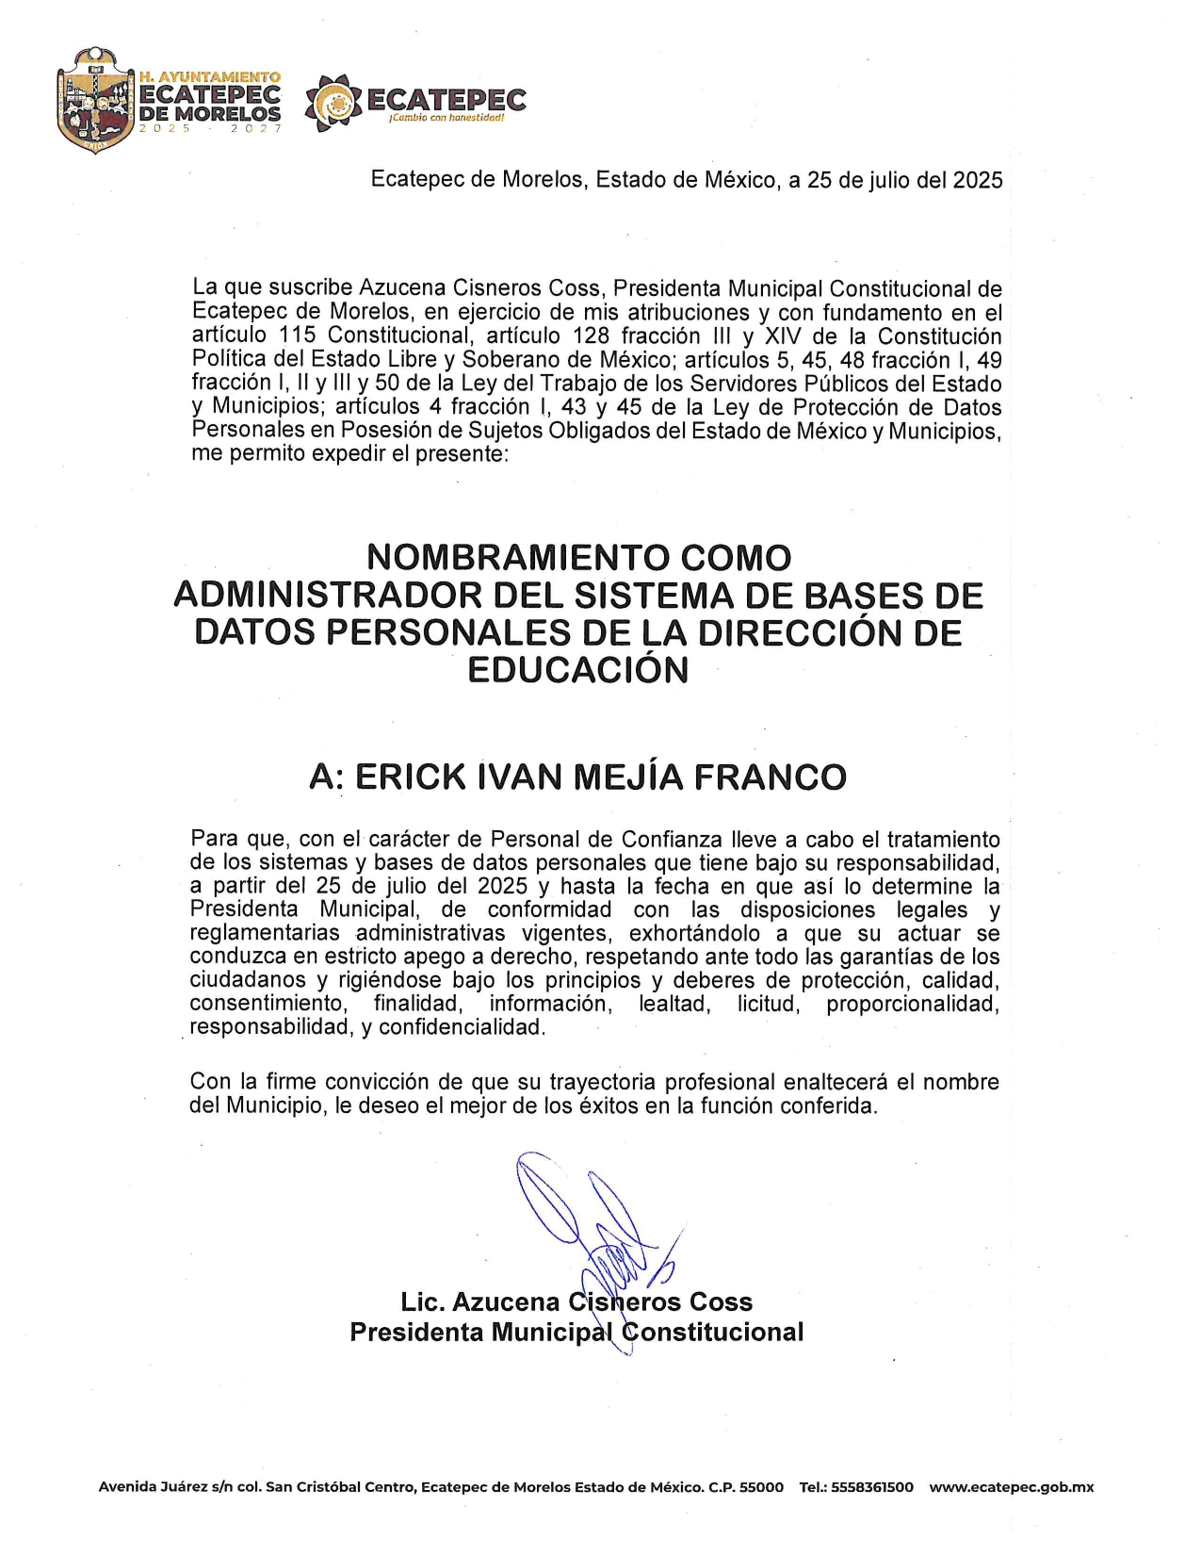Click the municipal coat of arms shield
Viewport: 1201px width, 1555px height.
(95, 102)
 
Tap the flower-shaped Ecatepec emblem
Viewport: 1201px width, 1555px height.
(333, 103)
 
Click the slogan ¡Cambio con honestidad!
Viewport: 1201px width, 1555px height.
(446, 119)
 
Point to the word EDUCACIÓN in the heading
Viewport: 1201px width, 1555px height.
(578, 670)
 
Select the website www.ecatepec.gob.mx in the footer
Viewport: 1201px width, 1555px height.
(1011, 1487)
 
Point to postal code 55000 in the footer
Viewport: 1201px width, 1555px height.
(761, 1487)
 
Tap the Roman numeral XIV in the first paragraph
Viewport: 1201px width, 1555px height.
(785, 336)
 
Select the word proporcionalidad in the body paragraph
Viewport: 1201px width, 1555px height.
(913, 1005)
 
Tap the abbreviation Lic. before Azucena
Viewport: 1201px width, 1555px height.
(422, 1302)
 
